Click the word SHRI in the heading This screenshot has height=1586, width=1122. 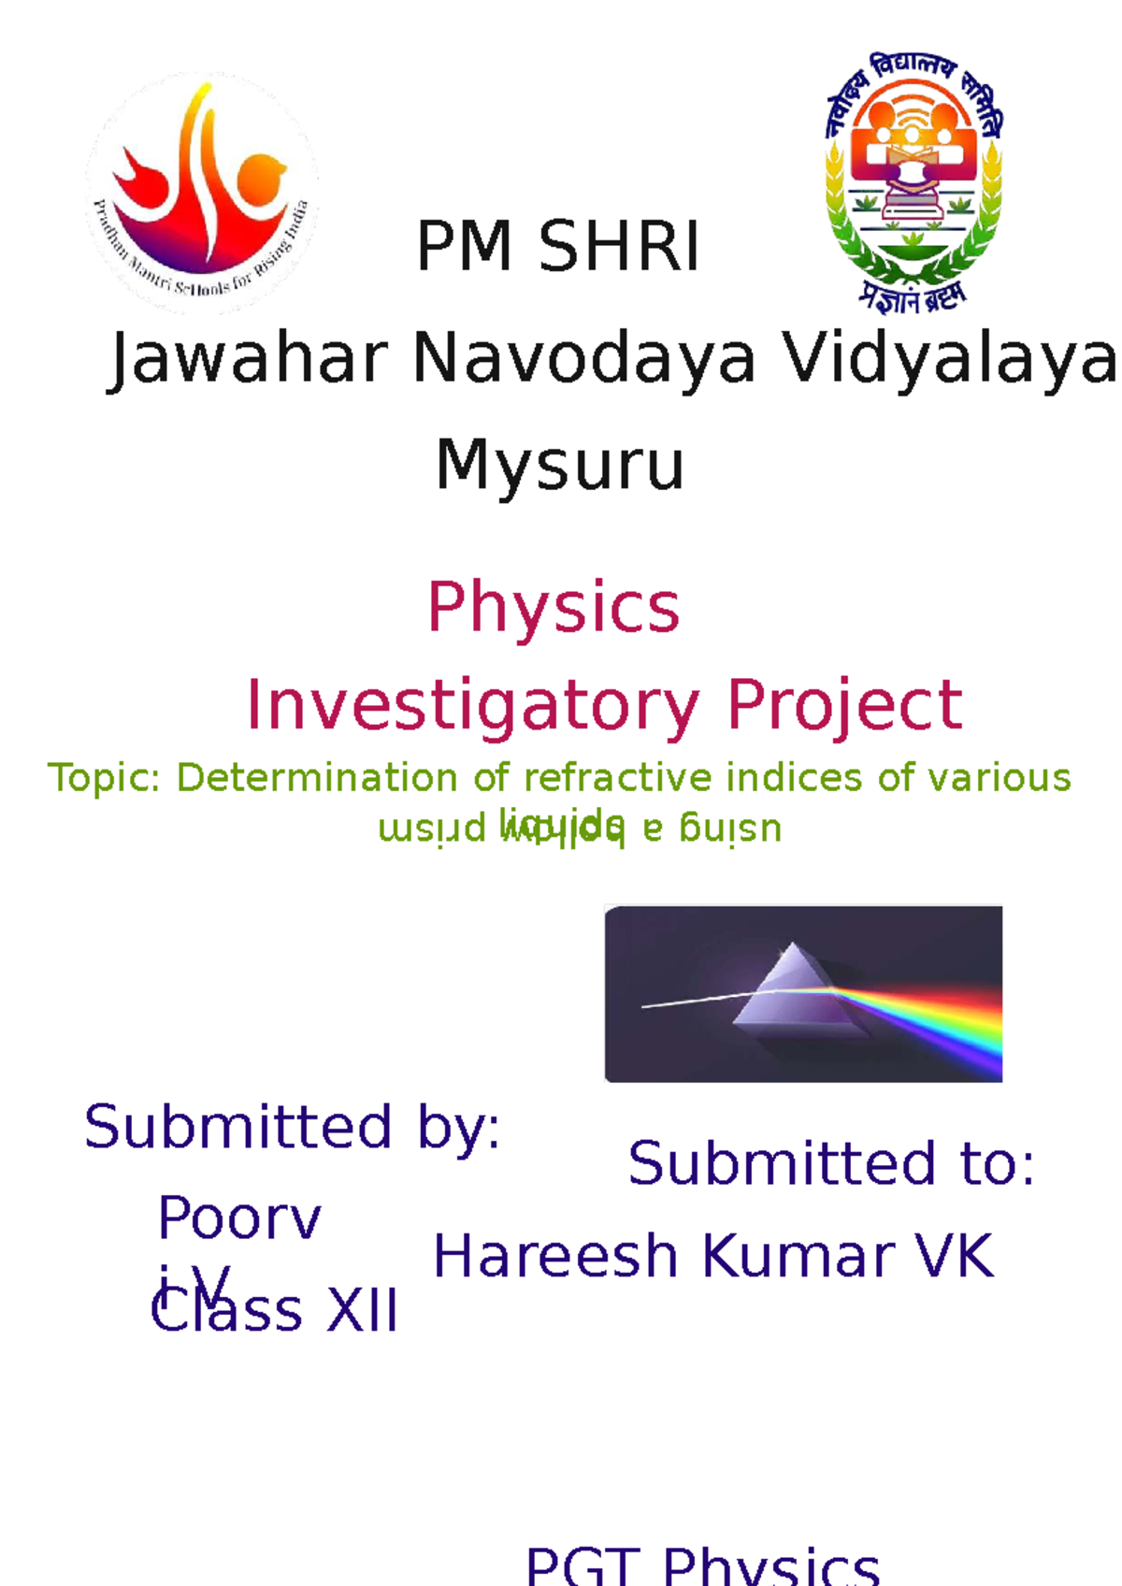coord(619,247)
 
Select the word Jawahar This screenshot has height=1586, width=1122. coord(249,360)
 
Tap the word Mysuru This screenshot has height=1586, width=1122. coord(560,466)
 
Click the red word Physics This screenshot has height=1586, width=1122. coord(554,608)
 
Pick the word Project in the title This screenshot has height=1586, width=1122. coord(843,705)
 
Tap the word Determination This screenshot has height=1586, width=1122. coord(318,778)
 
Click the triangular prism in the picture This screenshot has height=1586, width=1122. coord(795,991)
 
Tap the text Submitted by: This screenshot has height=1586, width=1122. coord(292,1128)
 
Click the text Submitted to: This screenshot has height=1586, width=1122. coord(831,1164)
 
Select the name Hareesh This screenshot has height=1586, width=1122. coord(555,1256)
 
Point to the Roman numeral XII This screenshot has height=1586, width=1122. coord(362,1311)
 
